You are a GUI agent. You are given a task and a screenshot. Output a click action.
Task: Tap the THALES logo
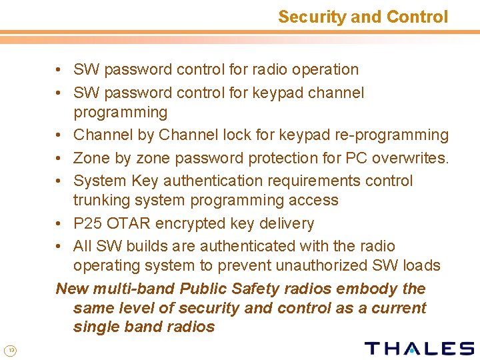[419, 348]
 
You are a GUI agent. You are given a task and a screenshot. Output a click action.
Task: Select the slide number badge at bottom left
[10, 351]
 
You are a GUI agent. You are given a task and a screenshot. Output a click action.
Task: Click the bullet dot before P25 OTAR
[60, 224]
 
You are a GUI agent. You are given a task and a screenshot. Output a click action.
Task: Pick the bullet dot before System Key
[60, 181]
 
